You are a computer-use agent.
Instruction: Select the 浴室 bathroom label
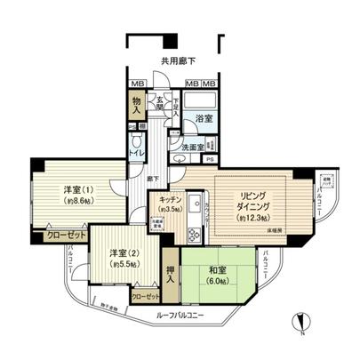point(204,118)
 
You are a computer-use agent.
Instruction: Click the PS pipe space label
point(210,159)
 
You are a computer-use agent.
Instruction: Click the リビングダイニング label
point(253,201)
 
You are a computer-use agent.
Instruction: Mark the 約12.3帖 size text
point(254,218)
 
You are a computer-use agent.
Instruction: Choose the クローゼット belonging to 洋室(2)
point(147,295)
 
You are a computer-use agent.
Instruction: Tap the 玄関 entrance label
point(160,104)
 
